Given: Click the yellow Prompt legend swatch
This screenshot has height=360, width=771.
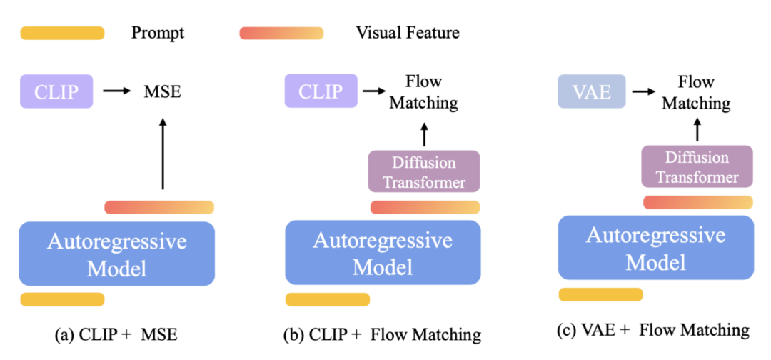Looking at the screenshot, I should pos(63,33).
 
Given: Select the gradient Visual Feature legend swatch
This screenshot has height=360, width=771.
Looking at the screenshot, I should pos(282,33).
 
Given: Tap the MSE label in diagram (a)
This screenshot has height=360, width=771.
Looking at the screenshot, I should pos(162,91).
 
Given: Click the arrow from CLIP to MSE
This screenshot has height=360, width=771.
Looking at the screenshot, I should pos(116,91).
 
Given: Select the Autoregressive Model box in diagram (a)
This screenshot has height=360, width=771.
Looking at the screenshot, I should pos(117,254).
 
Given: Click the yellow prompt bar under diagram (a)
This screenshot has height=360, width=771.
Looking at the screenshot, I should pos(63,299).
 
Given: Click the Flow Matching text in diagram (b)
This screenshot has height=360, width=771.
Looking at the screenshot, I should pos(422,91).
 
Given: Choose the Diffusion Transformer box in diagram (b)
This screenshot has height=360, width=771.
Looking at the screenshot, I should pos(424,171).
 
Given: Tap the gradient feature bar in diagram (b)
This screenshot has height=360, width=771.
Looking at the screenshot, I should pos(425,207).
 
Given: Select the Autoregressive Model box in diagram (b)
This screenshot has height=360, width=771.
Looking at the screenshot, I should pos(383,253).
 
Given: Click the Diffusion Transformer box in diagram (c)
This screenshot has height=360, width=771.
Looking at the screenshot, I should pos(695,167).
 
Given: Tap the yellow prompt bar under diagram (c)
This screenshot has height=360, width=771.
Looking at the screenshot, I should pos(600,294).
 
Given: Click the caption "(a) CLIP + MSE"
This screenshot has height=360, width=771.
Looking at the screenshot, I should pos(117,334).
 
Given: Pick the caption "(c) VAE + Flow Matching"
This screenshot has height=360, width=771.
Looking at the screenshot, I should pos(654,329).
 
